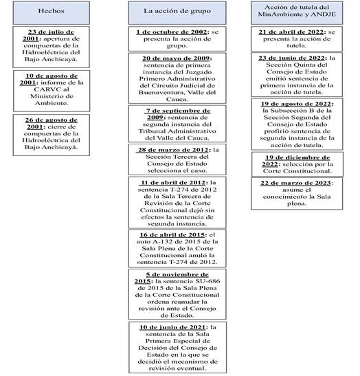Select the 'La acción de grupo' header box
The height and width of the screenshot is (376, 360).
[x=176, y=12]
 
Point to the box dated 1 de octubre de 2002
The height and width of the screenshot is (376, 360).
[x=176, y=38]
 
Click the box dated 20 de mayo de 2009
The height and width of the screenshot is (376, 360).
[x=176, y=77]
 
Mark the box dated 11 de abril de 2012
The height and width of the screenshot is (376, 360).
[x=176, y=202]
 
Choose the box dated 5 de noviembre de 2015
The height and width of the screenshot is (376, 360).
[x=176, y=291]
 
